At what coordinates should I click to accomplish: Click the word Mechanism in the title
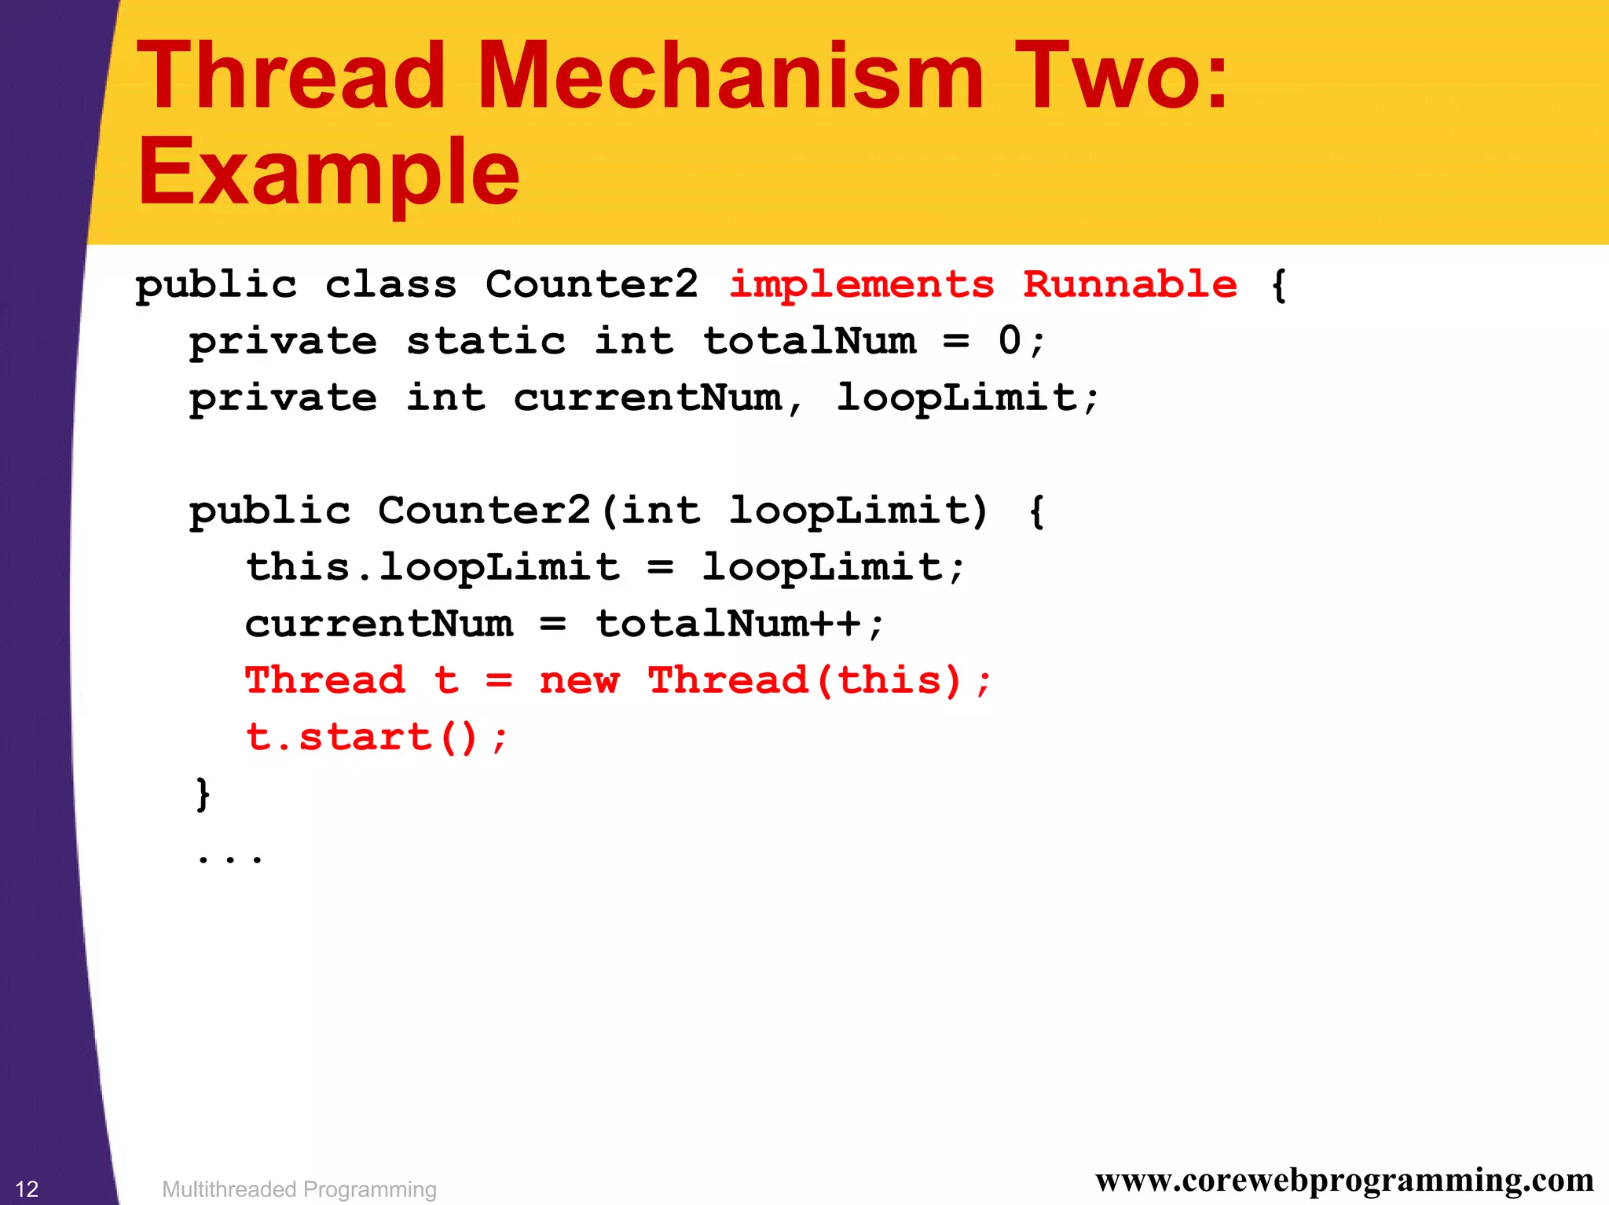click(x=730, y=76)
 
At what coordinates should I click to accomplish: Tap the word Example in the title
click(x=328, y=171)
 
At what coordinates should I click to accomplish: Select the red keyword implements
click(x=861, y=284)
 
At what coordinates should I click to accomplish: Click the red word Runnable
click(x=1130, y=284)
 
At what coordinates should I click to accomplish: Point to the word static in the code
click(x=486, y=341)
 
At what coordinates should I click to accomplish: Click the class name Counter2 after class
click(x=592, y=284)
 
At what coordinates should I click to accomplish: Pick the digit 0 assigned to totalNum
click(x=1010, y=340)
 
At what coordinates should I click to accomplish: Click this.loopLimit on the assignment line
click(x=433, y=567)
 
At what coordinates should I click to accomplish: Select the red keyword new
click(x=579, y=680)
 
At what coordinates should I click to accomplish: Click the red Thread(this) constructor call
click(x=804, y=680)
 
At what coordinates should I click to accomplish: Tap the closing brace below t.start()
click(x=203, y=793)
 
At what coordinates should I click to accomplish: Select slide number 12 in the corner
click(x=27, y=1189)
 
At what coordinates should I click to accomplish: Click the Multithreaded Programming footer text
click(x=299, y=1189)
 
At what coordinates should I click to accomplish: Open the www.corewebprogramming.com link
click(x=1344, y=1180)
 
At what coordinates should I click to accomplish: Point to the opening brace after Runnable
click(x=1278, y=284)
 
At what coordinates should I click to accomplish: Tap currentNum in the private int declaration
click(x=648, y=397)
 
